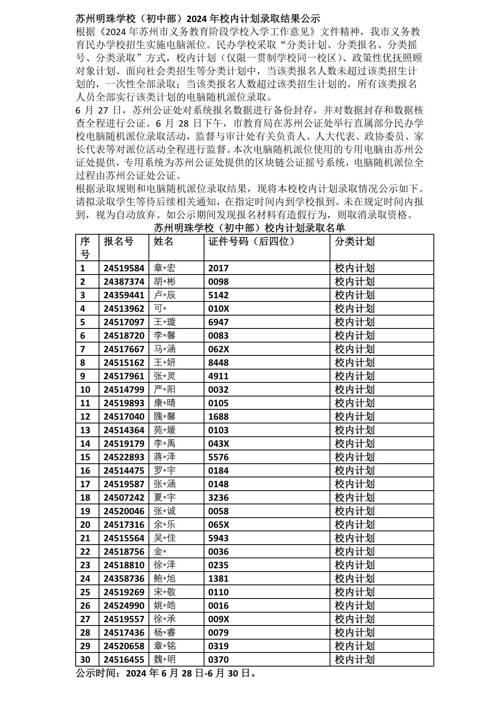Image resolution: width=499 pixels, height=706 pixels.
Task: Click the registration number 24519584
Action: click(124, 268)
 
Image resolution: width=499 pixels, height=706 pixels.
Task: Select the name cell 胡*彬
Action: click(165, 281)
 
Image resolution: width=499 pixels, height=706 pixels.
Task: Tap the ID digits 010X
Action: click(219, 308)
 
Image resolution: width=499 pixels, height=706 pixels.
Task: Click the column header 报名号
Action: click(118, 242)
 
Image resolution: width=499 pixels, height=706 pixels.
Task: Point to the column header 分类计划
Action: click(355, 242)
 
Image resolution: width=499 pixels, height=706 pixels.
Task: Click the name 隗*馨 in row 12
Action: click(165, 417)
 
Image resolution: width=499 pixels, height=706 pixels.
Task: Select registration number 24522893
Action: click(124, 457)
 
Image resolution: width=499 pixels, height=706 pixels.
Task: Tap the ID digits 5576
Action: click(219, 457)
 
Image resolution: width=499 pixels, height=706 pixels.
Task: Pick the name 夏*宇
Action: click(165, 498)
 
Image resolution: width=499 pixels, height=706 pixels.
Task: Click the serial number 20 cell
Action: click(85, 524)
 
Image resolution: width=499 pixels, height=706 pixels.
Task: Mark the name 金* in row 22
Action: click(160, 551)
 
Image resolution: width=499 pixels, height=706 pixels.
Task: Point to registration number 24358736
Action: click(124, 578)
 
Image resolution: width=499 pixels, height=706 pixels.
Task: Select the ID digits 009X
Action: click(219, 619)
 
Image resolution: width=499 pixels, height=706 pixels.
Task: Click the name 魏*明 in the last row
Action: click(165, 659)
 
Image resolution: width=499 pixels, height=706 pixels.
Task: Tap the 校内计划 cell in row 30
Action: click(355, 659)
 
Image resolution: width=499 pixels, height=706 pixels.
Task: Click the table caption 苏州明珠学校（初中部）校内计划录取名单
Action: click(249, 228)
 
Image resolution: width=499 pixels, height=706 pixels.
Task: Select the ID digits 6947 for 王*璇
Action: click(219, 322)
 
